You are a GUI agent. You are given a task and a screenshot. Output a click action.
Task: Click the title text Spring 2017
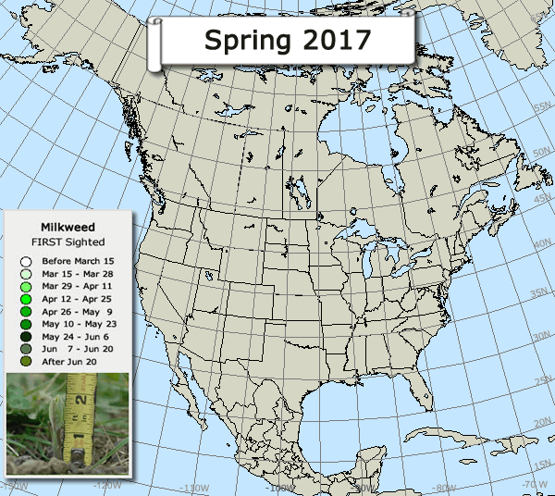point(288,40)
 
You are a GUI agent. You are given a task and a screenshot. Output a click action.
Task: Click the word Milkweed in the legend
point(68,226)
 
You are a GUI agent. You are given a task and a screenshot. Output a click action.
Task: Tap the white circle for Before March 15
point(26,262)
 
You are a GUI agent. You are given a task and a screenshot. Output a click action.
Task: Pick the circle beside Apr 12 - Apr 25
point(26,300)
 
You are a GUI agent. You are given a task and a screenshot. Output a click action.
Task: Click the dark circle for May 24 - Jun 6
point(26,337)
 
